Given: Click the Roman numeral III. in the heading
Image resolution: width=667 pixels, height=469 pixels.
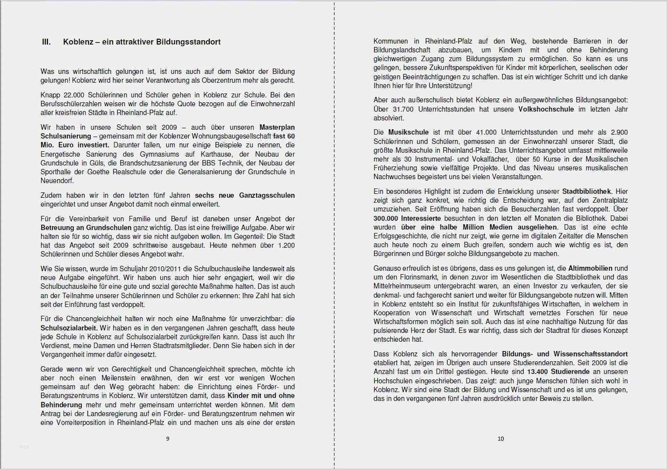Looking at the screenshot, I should pyautogui.click(x=46, y=42).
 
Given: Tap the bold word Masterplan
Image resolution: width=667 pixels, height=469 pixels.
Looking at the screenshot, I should pyautogui.click(x=277, y=127).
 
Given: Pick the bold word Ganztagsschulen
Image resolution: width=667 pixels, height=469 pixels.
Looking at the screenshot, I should pyautogui.click(x=267, y=195).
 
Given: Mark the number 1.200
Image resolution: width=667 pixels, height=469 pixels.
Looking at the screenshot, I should pyautogui.click(x=286, y=245).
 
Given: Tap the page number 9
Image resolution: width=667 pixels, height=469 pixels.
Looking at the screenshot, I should pyautogui.click(x=168, y=439).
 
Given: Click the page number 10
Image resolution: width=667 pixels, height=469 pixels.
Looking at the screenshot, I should pyautogui.click(x=500, y=439).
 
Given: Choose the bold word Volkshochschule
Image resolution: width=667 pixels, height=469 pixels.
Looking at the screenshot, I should pyautogui.click(x=546, y=109).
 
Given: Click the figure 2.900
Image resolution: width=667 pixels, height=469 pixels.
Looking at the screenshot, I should pyautogui.click(x=619, y=132).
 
